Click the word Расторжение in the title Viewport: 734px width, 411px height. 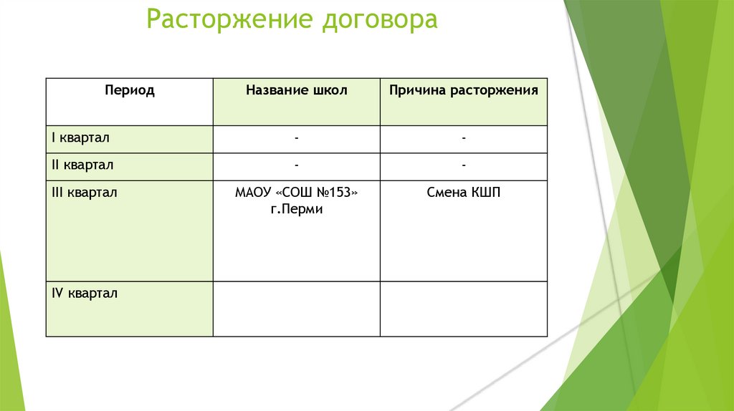pos(227,19)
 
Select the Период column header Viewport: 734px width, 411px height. pos(129,91)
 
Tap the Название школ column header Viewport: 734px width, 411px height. pos(296,91)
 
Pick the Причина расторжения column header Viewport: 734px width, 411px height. pos(463,91)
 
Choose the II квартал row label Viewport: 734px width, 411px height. pos(82,165)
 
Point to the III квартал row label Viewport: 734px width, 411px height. pos(84,193)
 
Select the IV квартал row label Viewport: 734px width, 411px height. pos(85,293)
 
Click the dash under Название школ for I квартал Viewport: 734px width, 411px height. pos(297,137)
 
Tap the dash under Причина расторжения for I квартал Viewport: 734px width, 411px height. pos(464,137)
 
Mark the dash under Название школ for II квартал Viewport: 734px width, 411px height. pos(297,165)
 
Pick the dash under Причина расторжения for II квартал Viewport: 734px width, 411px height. pos(464,165)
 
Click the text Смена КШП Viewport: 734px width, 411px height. pos(463,193)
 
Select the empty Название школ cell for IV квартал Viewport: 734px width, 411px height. pos(297,309)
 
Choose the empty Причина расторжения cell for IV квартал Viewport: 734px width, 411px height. pos(464,309)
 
